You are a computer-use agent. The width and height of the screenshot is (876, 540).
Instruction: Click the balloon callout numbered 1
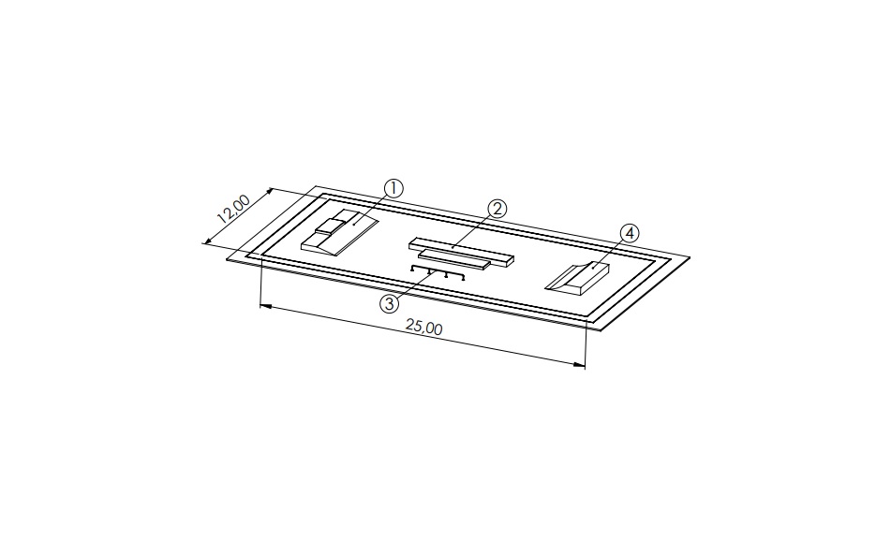(393, 188)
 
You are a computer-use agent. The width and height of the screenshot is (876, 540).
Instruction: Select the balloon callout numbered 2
(497, 209)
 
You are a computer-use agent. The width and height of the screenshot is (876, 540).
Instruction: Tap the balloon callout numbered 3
(390, 304)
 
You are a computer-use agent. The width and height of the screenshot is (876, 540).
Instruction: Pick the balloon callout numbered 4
(630, 233)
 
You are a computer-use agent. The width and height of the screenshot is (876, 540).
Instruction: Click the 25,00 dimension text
(424, 328)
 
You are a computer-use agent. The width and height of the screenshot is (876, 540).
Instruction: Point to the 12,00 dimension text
(234, 208)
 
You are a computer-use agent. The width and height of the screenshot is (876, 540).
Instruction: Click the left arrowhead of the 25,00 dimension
(266, 306)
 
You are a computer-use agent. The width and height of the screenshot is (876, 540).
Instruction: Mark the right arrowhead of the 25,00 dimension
(580, 365)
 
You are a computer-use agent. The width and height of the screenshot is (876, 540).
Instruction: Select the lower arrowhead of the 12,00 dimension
(207, 241)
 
